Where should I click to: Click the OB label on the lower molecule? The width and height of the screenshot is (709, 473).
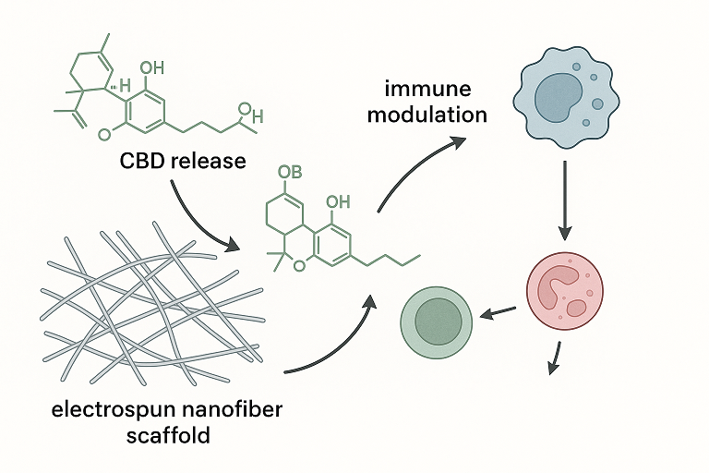click(x=290, y=173)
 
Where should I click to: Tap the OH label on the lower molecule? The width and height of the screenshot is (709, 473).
click(x=338, y=201)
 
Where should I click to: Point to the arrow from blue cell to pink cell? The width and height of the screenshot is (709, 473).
click(x=562, y=199)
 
